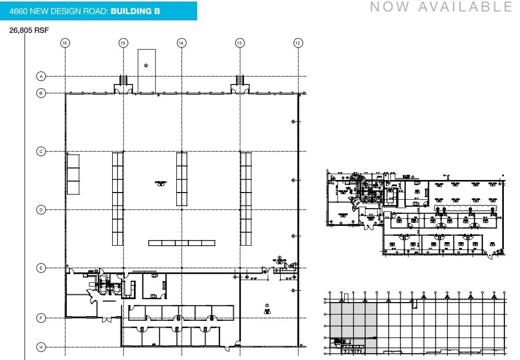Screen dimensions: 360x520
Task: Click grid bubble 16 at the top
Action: pos(65,43)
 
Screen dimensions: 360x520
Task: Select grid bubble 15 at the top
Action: pos(123,43)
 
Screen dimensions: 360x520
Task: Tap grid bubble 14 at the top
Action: pos(182,43)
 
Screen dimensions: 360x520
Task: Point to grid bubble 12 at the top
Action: pos(298,43)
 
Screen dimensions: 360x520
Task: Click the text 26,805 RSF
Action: pos(29,31)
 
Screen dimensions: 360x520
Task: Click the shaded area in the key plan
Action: pos(353,323)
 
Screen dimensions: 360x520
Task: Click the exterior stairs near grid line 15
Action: pos(124,80)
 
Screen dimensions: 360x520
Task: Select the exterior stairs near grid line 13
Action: pos(240,80)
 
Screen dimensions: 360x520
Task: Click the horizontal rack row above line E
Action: pos(182,243)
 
